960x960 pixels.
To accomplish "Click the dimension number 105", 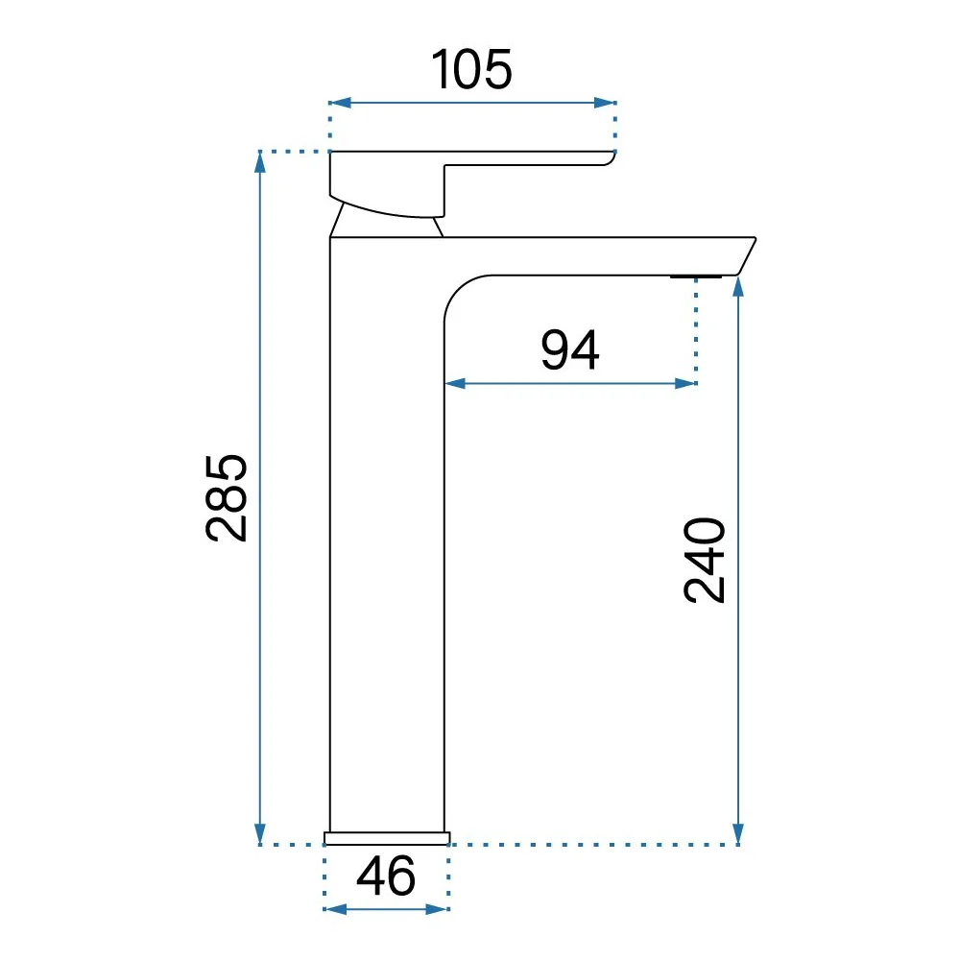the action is pos(471,69).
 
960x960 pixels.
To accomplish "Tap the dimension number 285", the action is pos(226,497).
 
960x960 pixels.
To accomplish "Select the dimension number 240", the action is pos(704,560).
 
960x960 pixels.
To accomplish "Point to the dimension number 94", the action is pos(570,349).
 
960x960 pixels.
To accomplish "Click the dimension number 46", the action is pos(386,876).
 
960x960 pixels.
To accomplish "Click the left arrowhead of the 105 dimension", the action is pos(340,103).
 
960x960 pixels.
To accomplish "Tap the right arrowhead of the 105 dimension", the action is pos(605,103).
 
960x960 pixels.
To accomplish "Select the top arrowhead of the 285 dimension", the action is pos(260,161).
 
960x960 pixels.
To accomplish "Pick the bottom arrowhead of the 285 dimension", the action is pos(260,834).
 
